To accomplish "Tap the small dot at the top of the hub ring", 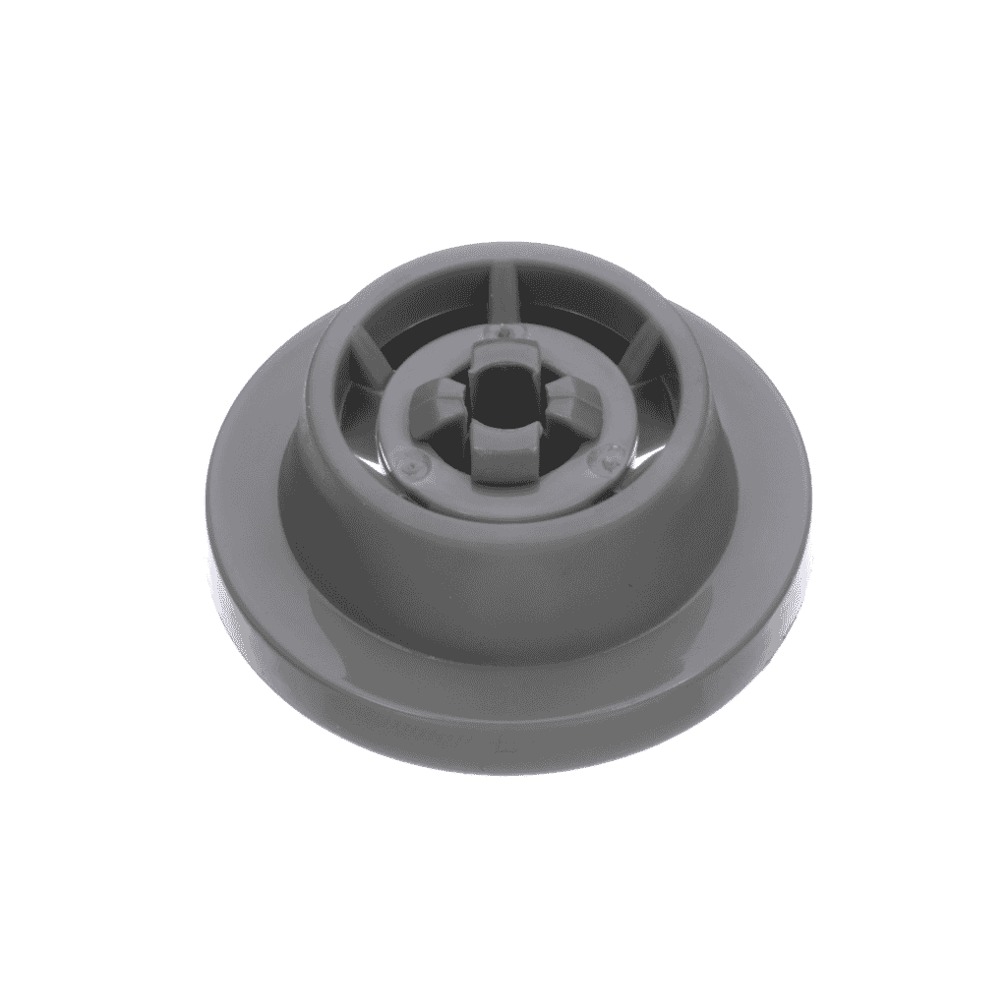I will [x=503, y=332].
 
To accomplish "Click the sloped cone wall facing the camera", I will [x=503, y=590].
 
